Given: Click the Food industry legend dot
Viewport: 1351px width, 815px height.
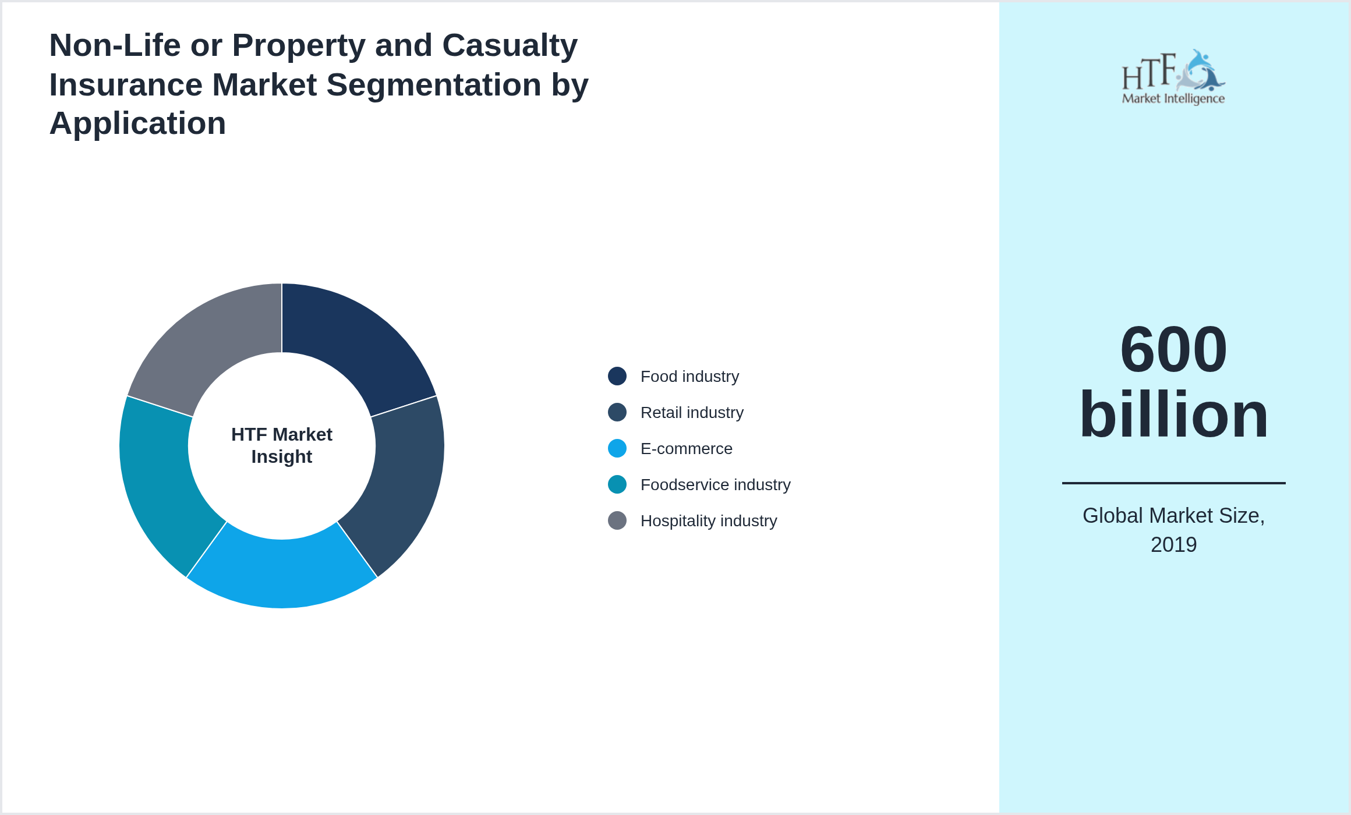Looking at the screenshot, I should click(617, 376).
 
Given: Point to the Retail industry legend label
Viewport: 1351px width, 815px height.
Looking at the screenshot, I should click(692, 413).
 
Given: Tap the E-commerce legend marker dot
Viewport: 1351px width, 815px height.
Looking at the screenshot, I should click(617, 448).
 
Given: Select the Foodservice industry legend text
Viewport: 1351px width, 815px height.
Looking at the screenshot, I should click(715, 485).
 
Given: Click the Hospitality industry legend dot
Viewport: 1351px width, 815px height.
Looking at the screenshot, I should click(617, 520).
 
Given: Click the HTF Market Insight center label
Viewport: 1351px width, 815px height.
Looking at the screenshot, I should click(282, 445).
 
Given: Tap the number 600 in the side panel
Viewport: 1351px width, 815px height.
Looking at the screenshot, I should click(1173, 349).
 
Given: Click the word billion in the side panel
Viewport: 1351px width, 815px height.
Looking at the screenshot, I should click(1173, 414).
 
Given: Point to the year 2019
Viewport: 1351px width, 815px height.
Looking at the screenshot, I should click(1173, 545).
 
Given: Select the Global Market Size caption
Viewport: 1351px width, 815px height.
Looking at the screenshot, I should click(1173, 516).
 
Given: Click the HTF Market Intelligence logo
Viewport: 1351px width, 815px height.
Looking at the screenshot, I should click(1173, 77).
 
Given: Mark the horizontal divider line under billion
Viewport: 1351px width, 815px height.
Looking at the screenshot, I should click(1173, 483).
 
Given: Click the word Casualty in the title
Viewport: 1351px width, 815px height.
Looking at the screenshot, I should click(510, 45).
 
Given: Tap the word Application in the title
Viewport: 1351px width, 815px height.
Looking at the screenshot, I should click(137, 123).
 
